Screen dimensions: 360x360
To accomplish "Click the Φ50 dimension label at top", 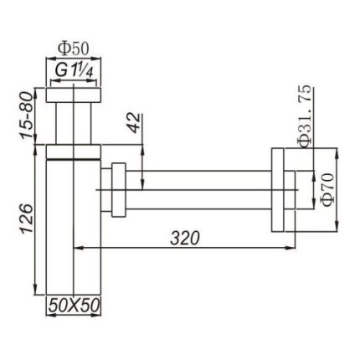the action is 73,49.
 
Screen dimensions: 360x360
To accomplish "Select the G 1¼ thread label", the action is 74,70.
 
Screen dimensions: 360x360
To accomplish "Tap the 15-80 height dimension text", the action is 27,115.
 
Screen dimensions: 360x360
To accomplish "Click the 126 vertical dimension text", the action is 27,219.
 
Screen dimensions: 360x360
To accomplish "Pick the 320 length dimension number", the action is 185,239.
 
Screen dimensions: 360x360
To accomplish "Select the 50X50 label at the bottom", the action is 74,306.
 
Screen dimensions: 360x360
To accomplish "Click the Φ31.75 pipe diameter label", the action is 304,116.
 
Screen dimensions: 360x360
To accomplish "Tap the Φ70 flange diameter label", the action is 327,189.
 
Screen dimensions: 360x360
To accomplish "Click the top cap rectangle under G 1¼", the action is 74,95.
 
